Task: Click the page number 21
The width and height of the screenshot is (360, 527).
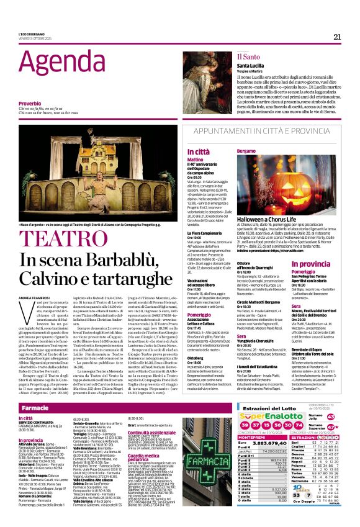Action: click(337, 36)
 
